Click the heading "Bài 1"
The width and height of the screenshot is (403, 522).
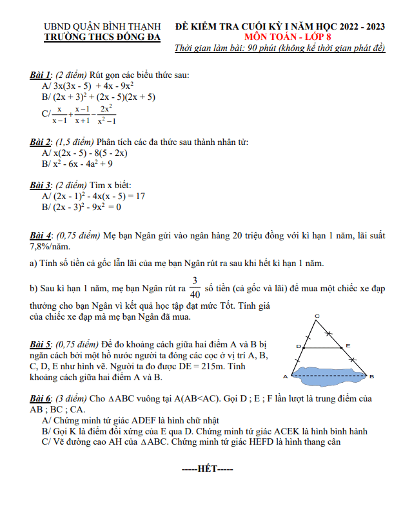(41, 75)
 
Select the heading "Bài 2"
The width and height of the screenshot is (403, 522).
(41, 142)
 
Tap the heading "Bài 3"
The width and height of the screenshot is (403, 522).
(41, 185)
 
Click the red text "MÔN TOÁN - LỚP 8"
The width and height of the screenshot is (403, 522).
(280, 37)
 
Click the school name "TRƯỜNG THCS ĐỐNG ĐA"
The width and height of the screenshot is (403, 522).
(101, 37)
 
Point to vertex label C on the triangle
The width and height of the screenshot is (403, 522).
(317, 315)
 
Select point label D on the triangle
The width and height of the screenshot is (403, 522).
(298, 347)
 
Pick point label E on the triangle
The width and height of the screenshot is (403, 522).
(348, 346)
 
